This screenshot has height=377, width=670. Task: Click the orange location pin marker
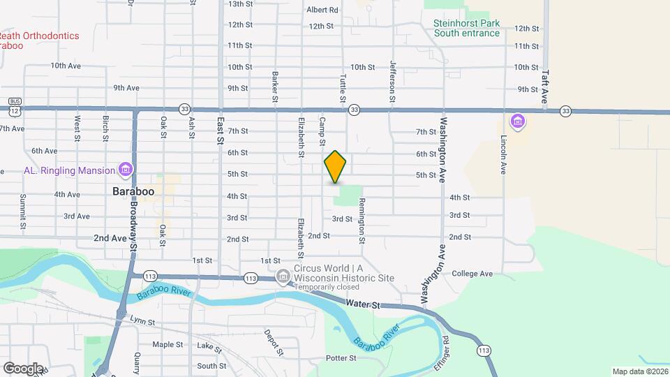point(336,167)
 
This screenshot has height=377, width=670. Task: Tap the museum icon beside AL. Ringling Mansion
point(126,170)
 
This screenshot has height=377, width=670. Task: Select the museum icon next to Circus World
point(283,276)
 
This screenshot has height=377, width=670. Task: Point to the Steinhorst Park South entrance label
point(467,28)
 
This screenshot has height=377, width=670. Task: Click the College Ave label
point(472,274)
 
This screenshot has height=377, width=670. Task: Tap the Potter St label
point(341,358)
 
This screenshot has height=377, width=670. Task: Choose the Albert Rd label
point(322,10)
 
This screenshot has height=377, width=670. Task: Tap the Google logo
point(23,368)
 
